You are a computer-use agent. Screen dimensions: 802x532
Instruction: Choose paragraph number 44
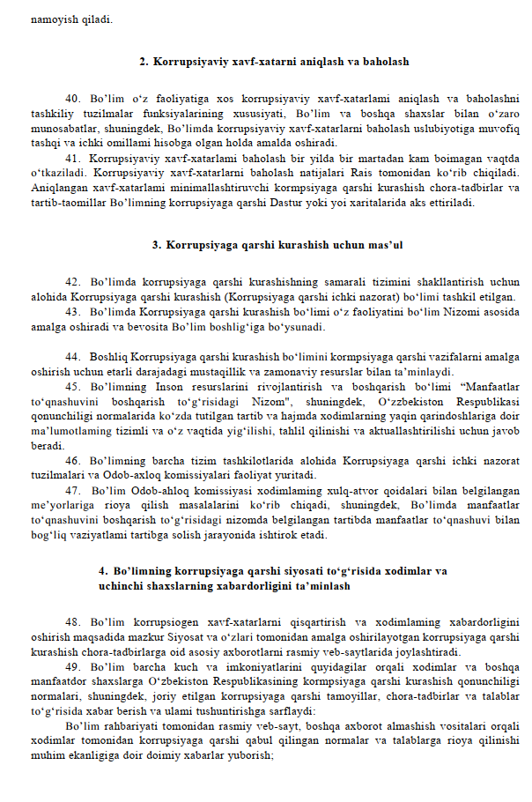(73, 357)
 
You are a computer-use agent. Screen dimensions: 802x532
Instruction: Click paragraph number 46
(73, 460)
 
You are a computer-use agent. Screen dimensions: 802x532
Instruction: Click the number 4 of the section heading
(103, 571)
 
